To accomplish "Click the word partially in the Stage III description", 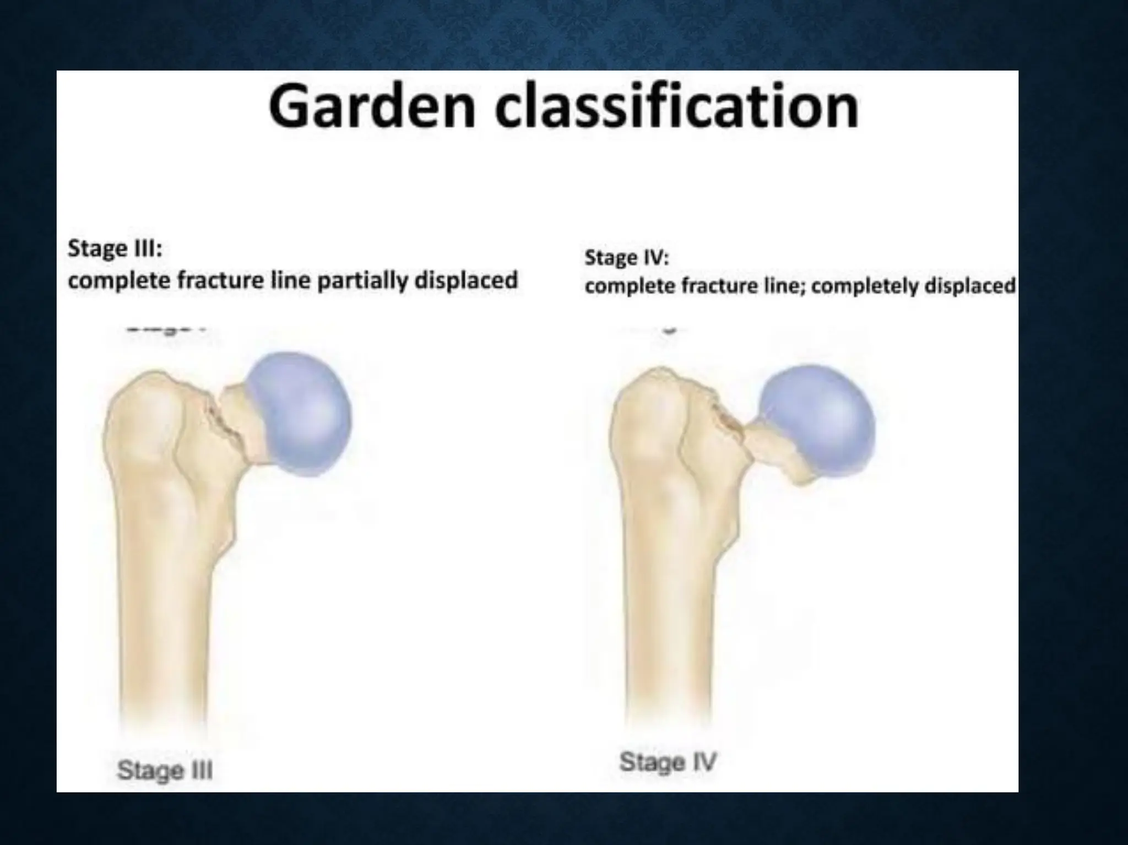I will coord(363,281).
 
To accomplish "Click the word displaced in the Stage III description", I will coord(466,280).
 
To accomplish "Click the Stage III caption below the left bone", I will coord(165,770).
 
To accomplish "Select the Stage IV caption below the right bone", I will coord(668,762).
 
